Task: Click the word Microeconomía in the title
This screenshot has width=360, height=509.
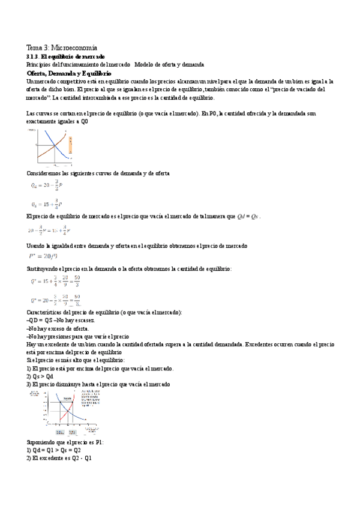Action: coord(75,47)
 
